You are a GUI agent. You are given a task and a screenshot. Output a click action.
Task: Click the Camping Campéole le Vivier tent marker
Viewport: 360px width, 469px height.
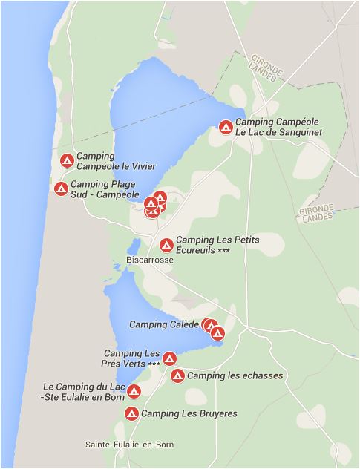(66, 160)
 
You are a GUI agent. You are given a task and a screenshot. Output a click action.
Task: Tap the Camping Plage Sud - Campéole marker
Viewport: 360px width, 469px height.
(61, 188)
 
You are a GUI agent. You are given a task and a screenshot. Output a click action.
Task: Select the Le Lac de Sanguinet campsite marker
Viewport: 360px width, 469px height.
(226, 127)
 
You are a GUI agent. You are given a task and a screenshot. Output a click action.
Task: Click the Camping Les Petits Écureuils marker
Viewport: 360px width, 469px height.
(166, 245)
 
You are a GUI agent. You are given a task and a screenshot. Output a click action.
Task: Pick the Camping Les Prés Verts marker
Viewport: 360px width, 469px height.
(169, 359)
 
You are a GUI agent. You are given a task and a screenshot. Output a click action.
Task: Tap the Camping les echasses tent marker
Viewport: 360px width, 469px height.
(177, 375)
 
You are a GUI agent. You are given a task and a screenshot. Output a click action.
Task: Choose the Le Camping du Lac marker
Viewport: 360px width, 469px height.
(134, 392)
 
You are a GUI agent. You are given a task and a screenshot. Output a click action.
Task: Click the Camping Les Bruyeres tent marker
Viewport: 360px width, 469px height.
(131, 413)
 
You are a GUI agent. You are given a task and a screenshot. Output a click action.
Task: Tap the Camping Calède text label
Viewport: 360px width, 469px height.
(164, 324)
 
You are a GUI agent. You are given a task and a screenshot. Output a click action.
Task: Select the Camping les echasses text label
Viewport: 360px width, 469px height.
(235, 375)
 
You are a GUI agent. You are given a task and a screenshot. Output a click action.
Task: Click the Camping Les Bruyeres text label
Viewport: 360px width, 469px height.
(189, 413)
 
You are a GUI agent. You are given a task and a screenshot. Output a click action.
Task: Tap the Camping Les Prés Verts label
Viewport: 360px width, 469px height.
(132, 358)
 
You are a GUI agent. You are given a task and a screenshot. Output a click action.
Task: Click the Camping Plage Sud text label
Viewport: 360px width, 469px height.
(105, 189)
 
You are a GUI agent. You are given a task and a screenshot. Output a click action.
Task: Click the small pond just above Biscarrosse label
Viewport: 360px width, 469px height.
(134, 246)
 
